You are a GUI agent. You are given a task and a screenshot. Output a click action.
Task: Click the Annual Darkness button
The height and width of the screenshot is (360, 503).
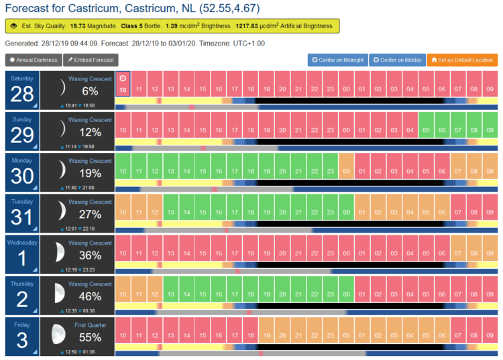(x=34, y=60)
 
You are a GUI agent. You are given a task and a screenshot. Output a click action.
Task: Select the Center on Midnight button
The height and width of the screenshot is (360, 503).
(x=338, y=60)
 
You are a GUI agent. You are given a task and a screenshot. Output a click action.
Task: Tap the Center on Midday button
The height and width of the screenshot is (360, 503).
(x=398, y=60)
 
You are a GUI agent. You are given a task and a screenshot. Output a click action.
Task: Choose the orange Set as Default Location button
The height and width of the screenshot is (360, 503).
(x=462, y=60)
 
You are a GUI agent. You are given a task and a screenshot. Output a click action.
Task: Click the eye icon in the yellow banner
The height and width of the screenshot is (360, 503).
(x=13, y=26)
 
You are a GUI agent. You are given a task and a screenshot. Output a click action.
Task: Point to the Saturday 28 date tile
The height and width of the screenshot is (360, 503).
(x=22, y=91)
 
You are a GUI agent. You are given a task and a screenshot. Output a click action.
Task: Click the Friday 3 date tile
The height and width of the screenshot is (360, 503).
(x=22, y=337)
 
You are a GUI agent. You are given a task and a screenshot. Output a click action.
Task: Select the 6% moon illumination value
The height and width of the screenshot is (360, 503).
(x=90, y=91)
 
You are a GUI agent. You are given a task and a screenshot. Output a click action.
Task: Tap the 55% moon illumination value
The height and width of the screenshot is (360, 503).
(x=90, y=338)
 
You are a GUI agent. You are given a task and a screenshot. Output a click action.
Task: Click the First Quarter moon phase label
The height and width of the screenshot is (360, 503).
(x=91, y=325)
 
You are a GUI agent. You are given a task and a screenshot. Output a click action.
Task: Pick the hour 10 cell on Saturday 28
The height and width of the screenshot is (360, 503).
(x=123, y=84)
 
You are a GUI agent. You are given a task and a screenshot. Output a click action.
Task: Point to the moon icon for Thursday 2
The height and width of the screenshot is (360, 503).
(x=59, y=293)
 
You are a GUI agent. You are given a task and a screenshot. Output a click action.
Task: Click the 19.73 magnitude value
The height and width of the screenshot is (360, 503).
(x=78, y=26)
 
